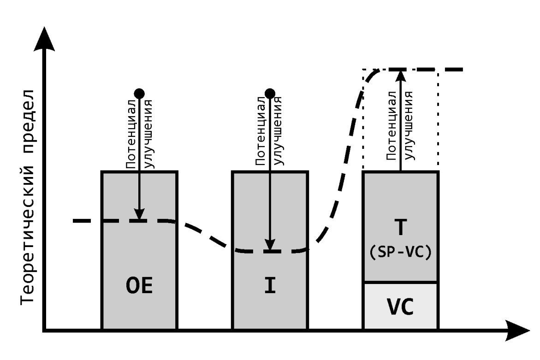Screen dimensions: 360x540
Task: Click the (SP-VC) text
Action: (x=401, y=253)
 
